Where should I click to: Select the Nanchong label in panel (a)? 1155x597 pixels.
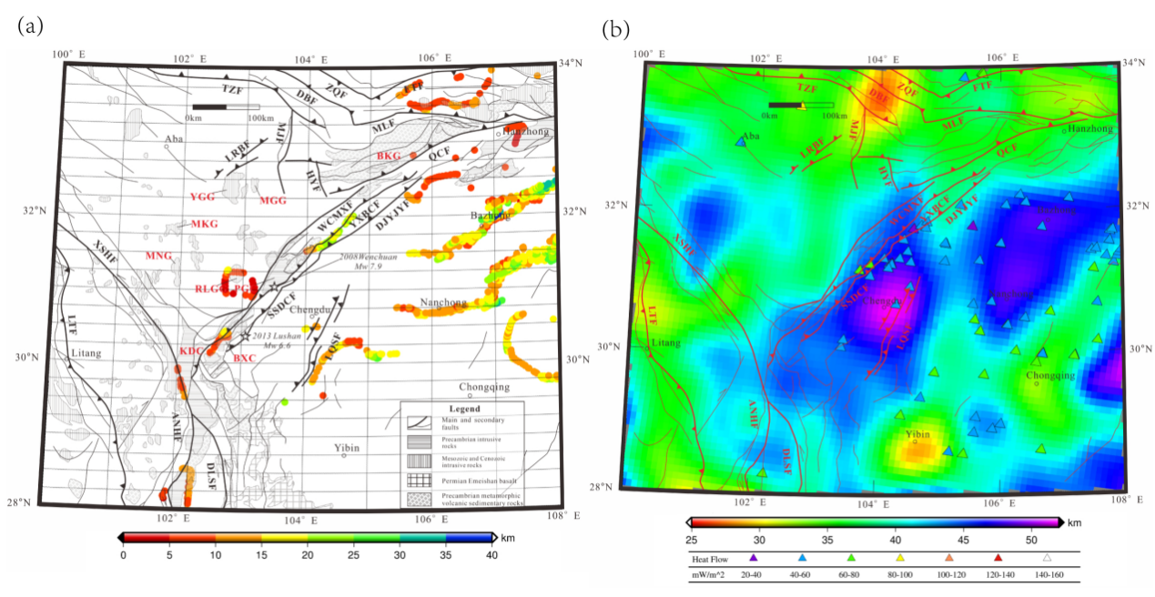(443, 302)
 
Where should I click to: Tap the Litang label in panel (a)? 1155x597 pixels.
(86, 352)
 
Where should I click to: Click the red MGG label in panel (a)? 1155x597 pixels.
(272, 200)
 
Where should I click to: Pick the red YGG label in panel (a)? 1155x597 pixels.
(203, 197)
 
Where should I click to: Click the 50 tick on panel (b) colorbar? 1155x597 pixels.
(1030, 537)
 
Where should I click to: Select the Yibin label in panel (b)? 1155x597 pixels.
(917, 435)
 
